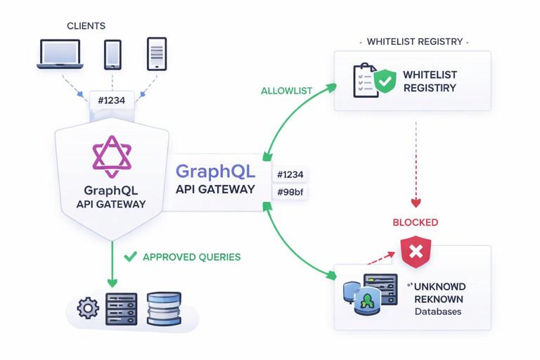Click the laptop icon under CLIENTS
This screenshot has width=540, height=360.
click(61, 54)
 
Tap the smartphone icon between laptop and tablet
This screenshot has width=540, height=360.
click(112, 54)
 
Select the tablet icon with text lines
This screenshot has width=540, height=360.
click(156, 54)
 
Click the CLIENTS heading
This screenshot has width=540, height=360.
click(86, 26)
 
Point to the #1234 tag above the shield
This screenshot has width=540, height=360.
click(111, 101)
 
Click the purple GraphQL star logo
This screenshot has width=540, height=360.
click(111, 156)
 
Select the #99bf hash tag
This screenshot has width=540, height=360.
click(290, 192)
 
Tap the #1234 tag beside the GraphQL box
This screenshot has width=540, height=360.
click(290, 174)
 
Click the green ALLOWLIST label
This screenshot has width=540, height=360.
click(286, 91)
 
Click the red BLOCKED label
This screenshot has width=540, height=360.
click(415, 222)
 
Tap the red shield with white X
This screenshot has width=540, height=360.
click(415, 252)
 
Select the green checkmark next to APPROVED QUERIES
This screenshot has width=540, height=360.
click(130, 257)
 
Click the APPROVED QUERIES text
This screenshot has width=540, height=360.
click(191, 257)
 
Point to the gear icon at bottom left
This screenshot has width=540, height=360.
click(88, 308)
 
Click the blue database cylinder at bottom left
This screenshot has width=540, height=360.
click(165, 309)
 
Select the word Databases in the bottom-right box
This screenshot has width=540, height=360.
click(438, 311)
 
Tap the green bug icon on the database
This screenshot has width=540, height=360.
click(366, 302)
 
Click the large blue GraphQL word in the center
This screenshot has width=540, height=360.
click(215, 172)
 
